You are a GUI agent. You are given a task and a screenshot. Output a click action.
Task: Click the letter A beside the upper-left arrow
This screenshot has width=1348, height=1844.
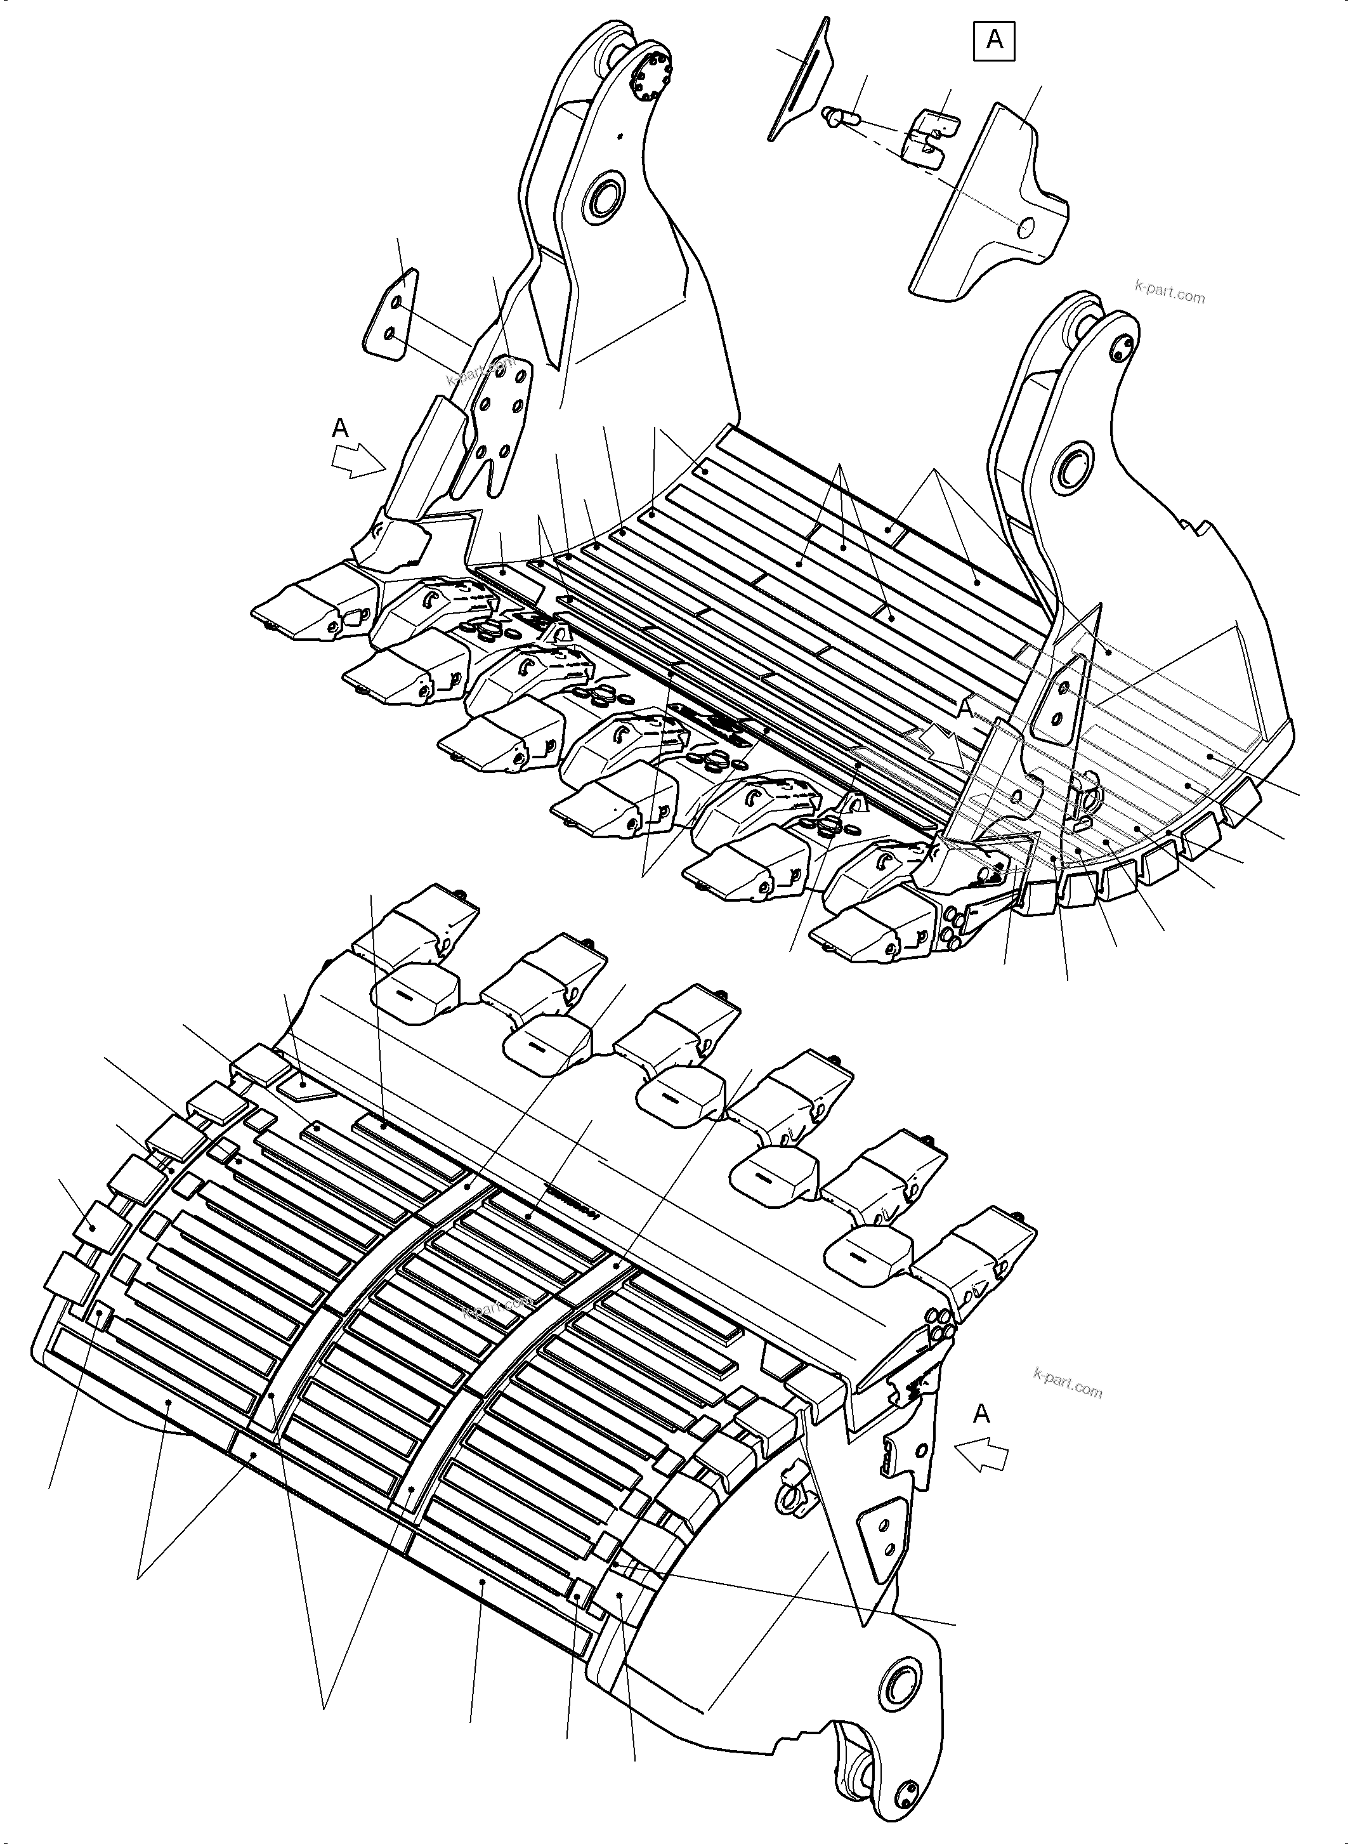(340, 428)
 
